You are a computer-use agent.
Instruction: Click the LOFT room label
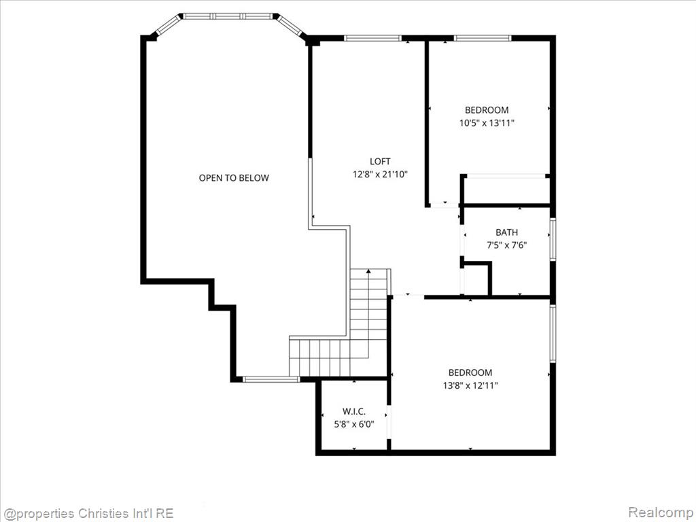[x=380, y=161]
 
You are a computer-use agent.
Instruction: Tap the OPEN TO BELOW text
[x=234, y=178]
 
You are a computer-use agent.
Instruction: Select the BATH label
[x=506, y=232]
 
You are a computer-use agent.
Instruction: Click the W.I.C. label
[x=353, y=411]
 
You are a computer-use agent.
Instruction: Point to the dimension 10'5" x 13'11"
[x=487, y=123]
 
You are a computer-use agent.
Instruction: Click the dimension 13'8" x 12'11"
[x=470, y=385]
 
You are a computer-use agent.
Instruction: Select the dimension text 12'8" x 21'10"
[x=380, y=175]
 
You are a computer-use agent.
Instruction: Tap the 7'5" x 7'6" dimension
[x=506, y=245]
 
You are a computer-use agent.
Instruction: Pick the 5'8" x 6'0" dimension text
[x=353, y=424]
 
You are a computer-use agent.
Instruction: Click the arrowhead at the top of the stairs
[x=368, y=271]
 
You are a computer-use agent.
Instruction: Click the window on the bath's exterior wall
[x=553, y=239]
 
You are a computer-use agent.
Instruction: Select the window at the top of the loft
[x=372, y=38]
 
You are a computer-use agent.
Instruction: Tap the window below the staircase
[x=271, y=379]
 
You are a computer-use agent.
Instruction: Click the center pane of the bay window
[x=228, y=16]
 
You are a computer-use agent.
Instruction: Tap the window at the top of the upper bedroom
[x=483, y=38]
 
